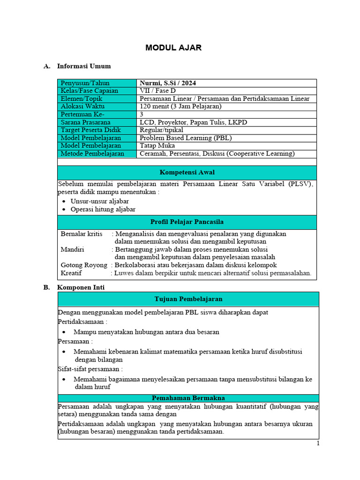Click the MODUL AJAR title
coord(173,48)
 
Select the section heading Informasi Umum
coord(84,66)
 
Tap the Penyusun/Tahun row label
coord(85,83)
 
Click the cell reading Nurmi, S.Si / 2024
coord(168,83)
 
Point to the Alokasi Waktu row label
coord(82,106)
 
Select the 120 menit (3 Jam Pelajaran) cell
coord(180,106)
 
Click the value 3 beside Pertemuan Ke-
coord(142,114)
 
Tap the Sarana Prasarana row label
coord(85,122)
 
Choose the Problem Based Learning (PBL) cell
coord(186,138)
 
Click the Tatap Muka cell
coord(158,146)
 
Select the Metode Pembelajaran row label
coord(92,153)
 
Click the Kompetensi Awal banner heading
coord(187,172)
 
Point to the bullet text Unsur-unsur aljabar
coord(99,201)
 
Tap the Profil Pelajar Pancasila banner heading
coord(187,222)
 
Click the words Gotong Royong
coord(84,265)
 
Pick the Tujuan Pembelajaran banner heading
coord(188,299)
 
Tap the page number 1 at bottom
coord(317,444)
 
